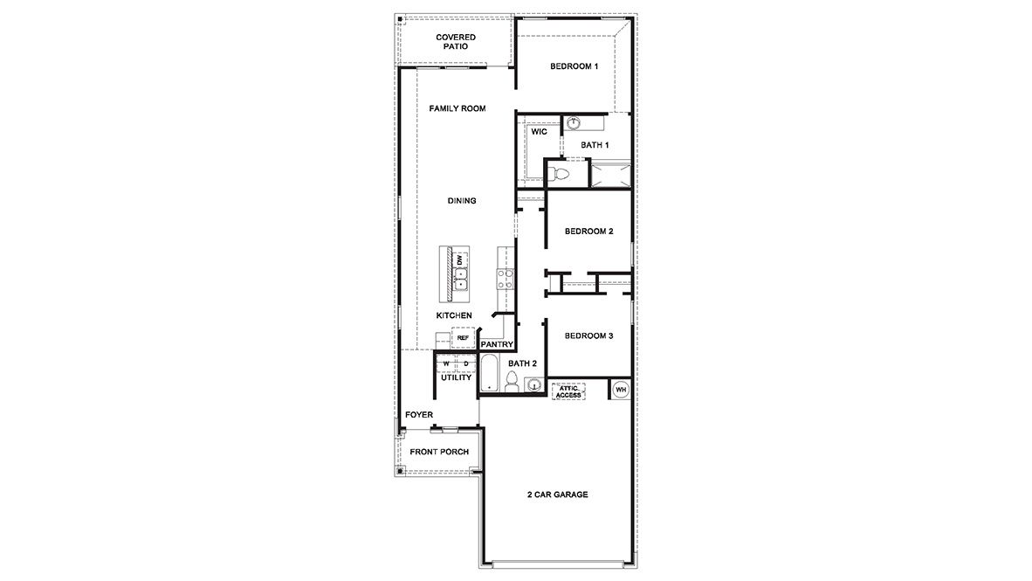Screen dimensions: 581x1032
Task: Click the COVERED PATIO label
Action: (x=456, y=42)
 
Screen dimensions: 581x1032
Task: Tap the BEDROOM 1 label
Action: (x=574, y=67)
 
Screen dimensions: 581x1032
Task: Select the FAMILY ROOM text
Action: (x=457, y=108)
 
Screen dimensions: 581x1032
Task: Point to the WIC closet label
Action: (x=539, y=132)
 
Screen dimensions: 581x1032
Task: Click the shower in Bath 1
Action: (x=609, y=173)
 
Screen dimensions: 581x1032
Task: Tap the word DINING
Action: (x=462, y=201)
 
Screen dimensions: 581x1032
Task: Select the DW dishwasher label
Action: (x=458, y=259)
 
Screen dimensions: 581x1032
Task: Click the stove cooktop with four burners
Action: (x=505, y=278)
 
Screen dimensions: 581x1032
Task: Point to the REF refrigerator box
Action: (x=463, y=337)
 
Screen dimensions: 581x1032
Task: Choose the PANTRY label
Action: (x=496, y=344)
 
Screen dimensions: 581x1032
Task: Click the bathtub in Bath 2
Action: (x=489, y=373)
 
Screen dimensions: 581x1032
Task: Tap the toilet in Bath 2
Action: (x=513, y=382)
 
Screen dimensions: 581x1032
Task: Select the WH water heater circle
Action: (x=621, y=390)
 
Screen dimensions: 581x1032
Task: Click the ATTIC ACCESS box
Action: (x=568, y=391)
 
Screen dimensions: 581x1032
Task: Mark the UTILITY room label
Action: (x=456, y=377)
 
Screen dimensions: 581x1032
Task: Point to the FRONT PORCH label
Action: (x=439, y=452)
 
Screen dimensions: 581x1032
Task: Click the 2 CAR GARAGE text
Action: (x=557, y=495)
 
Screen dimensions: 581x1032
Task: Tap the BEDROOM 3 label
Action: (x=588, y=336)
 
